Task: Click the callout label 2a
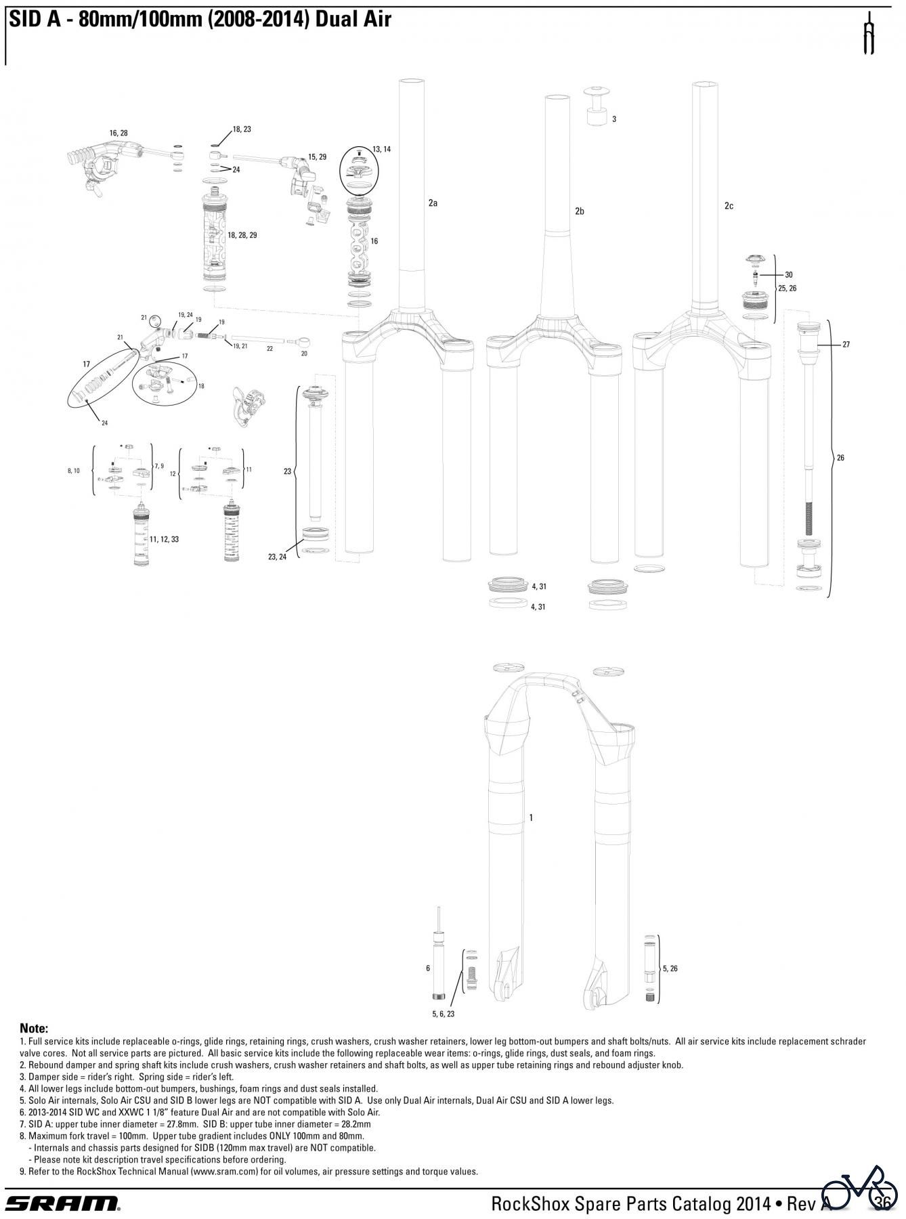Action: pyautogui.click(x=433, y=202)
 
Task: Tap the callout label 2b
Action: pyautogui.click(x=579, y=211)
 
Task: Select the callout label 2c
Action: pyautogui.click(x=729, y=206)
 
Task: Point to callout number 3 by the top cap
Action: pyautogui.click(x=613, y=119)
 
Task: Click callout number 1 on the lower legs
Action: pyautogui.click(x=531, y=817)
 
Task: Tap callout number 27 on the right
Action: pyautogui.click(x=846, y=345)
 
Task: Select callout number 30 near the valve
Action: pyautogui.click(x=788, y=275)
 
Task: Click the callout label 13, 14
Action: pyautogui.click(x=381, y=149)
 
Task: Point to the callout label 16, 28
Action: pyautogui.click(x=118, y=133)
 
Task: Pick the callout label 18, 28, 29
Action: pyautogui.click(x=242, y=235)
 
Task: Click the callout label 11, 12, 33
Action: pyautogui.click(x=165, y=539)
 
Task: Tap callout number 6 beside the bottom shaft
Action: pyautogui.click(x=428, y=968)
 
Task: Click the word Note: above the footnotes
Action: pyautogui.click(x=34, y=1029)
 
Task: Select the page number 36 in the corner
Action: pyautogui.click(x=881, y=1203)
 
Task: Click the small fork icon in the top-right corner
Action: pyautogui.click(x=869, y=33)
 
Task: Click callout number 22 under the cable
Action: pyautogui.click(x=269, y=349)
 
